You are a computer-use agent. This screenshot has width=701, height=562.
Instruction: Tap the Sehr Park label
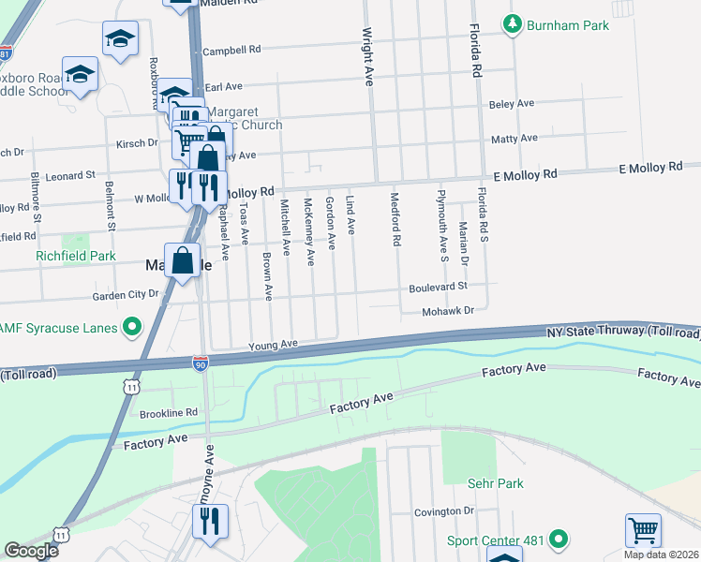click(496, 483)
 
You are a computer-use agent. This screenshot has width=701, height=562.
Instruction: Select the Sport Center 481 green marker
click(559, 540)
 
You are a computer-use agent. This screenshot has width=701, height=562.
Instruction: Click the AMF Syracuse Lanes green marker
click(132, 327)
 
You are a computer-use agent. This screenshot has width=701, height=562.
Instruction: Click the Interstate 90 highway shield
click(201, 362)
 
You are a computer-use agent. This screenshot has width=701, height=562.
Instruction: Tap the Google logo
click(31, 551)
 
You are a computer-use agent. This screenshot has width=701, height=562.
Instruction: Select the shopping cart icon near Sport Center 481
click(643, 530)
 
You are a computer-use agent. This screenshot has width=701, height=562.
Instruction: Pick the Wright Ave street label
click(368, 57)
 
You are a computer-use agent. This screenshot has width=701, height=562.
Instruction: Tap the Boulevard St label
click(437, 287)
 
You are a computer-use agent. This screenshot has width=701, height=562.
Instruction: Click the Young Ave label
click(273, 345)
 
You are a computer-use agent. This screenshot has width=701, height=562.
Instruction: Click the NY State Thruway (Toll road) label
click(622, 333)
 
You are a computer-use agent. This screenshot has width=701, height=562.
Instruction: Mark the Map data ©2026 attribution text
click(661, 554)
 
